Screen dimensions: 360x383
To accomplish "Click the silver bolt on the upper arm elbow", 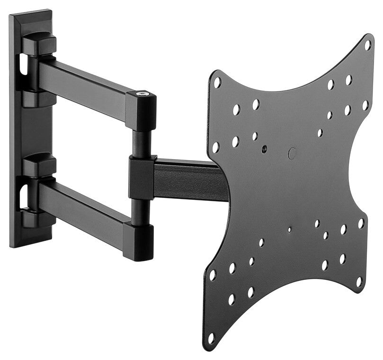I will (142, 94).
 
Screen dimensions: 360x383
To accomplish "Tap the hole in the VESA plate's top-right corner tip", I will (367, 45).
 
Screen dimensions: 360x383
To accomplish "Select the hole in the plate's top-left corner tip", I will (217, 82).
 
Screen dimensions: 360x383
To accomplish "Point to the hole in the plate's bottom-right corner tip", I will (359, 281).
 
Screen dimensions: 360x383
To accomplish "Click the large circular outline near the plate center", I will (292, 153).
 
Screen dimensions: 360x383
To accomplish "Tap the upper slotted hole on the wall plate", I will (22, 66).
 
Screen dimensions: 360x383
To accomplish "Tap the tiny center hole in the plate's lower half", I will (289, 230).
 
